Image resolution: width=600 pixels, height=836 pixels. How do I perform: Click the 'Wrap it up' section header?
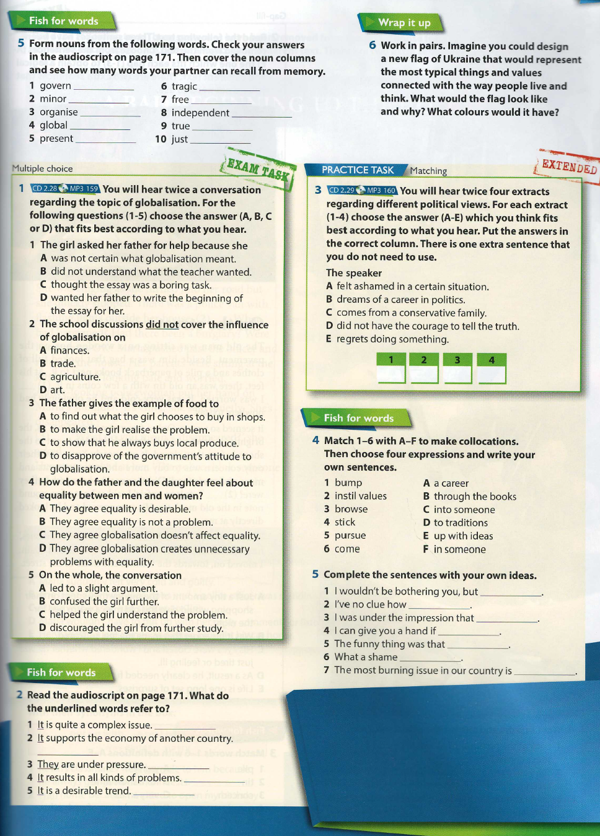click(x=404, y=23)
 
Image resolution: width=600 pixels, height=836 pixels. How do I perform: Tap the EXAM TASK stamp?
click(x=257, y=168)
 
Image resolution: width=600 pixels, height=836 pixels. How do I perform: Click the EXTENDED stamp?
click(x=568, y=166)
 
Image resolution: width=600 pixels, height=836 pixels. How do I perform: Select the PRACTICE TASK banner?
click(x=357, y=170)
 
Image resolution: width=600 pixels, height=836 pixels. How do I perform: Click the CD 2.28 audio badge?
click(x=45, y=189)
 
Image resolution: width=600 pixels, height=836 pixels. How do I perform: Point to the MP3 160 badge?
click(x=380, y=191)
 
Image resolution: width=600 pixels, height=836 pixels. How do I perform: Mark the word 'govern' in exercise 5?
click(x=55, y=86)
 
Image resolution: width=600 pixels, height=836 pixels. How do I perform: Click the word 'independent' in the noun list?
click(x=200, y=113)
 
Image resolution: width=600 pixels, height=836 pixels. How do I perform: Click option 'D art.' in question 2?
click(x=52, y=390)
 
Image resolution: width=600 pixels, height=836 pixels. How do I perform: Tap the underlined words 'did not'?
click(x=162, y=324)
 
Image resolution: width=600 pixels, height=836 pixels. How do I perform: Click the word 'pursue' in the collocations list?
click(x=350, y=536)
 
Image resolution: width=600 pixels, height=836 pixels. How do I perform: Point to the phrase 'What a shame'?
click(x=366, y=657)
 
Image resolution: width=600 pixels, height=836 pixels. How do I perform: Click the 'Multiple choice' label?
click(x=42, y=168)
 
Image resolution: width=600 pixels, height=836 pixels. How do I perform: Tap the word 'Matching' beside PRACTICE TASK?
click(x=428, y=171)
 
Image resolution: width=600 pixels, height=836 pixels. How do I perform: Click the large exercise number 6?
click(x=373, y=45)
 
